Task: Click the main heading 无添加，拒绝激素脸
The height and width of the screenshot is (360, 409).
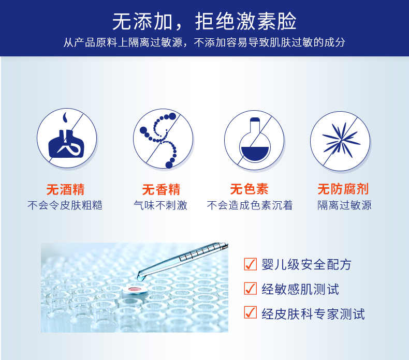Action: pyautogui.click(x=204, y=21)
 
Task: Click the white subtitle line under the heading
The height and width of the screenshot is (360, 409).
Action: pyautogui.click(x=204, y=42)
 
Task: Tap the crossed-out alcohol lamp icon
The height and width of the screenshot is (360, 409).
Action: pyautogui.click(x=67, y=138)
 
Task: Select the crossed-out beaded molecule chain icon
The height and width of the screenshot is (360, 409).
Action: pyautogui.click(x=163, y=139)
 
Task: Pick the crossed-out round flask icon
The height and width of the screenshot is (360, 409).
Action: pyautogui.click(x=254, y=140)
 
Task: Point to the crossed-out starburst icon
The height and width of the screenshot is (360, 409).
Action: pyautogui.click(x=340, y=141)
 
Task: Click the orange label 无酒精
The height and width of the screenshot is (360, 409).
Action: pyautogui.click(x=65, y=189)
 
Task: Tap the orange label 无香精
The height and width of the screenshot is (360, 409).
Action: pyautogui.click(x=161, y=189)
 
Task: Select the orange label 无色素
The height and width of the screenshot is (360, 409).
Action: pyautogui.click(x=249, y=189)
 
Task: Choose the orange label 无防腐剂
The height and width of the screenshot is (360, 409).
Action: pyautogui.click(x=343, y=189)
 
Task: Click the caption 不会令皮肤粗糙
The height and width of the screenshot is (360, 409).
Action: pyautogui.click(x=65, y=205)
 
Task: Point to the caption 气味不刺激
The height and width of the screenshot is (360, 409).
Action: pyautogui.click(x=160, y=205)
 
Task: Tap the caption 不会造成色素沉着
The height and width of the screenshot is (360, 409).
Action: pyautogui.click(x=250, y=205)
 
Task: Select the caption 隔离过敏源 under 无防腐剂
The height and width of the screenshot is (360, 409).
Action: pyautogui.click(x=344, y=205)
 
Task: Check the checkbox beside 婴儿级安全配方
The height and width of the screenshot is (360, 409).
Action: pyautogui.click(x=251, y=264)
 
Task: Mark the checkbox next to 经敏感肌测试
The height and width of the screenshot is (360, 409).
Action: pyautogui.click(x=251, y=288)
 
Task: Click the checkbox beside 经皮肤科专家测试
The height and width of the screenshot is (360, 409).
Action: pyautogui.click(x=251, y=312)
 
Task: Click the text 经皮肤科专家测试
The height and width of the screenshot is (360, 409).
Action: pyautogui.click(x=313, y=314)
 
